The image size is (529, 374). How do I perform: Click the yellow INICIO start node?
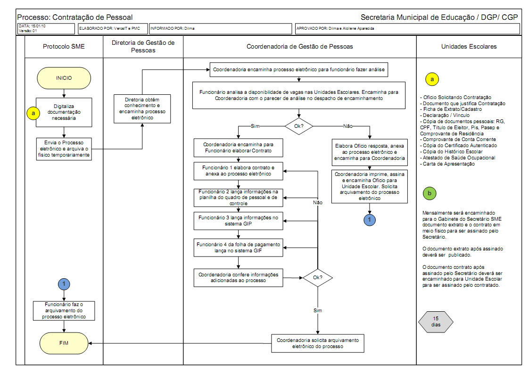(x=64, y=78)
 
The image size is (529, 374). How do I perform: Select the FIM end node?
(x=64, y=343)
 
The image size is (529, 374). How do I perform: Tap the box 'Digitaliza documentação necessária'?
(x=64, y=112)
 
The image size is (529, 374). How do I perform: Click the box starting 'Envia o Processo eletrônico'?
(x=64, y=148)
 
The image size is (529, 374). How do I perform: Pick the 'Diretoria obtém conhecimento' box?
(x=143, y=109)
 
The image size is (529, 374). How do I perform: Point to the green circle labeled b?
(x=429, y=193)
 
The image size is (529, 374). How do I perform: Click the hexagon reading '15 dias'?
(x=436, y=322)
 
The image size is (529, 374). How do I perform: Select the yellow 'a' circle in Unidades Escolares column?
(x=431, y=80)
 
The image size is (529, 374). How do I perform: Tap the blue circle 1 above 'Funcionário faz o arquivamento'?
(x=64, y=283)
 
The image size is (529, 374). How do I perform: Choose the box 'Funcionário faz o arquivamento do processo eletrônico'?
(x=64, y=311)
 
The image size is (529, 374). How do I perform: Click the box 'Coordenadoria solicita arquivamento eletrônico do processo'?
(x=318, y=343)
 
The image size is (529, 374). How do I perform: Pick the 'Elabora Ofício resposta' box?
(x=369, y=152)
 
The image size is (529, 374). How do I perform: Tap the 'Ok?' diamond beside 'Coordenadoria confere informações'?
(x=317, y=277)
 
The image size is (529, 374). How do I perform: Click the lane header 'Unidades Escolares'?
(x=469, y=47)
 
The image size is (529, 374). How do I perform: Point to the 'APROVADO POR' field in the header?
(x=406, y=29)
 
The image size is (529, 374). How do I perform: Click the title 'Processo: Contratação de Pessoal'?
(x=75, y=17)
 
